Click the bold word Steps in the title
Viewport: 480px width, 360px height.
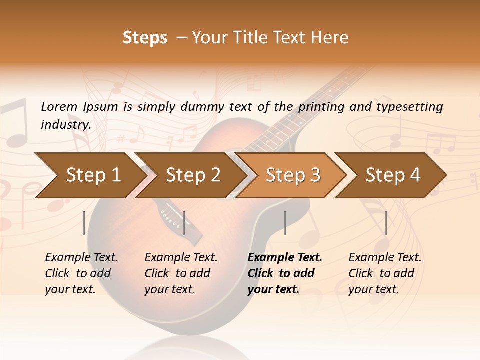(x=145, y=38)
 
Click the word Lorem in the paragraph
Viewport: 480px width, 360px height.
(x=58, y=106)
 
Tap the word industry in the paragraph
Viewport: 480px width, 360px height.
(x=65, y=124)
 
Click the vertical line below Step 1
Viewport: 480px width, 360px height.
(x=84, y=223)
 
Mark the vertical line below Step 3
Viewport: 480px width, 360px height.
(x=285, y=223)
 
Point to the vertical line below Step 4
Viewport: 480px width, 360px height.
(x=386, y=223)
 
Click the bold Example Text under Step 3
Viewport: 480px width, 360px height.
(x=285, y=257)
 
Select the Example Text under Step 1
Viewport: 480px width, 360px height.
(x=81, y=257)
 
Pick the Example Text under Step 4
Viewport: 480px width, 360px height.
(x=385, y=257)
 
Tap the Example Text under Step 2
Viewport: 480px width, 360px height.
(x=181, y=257)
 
